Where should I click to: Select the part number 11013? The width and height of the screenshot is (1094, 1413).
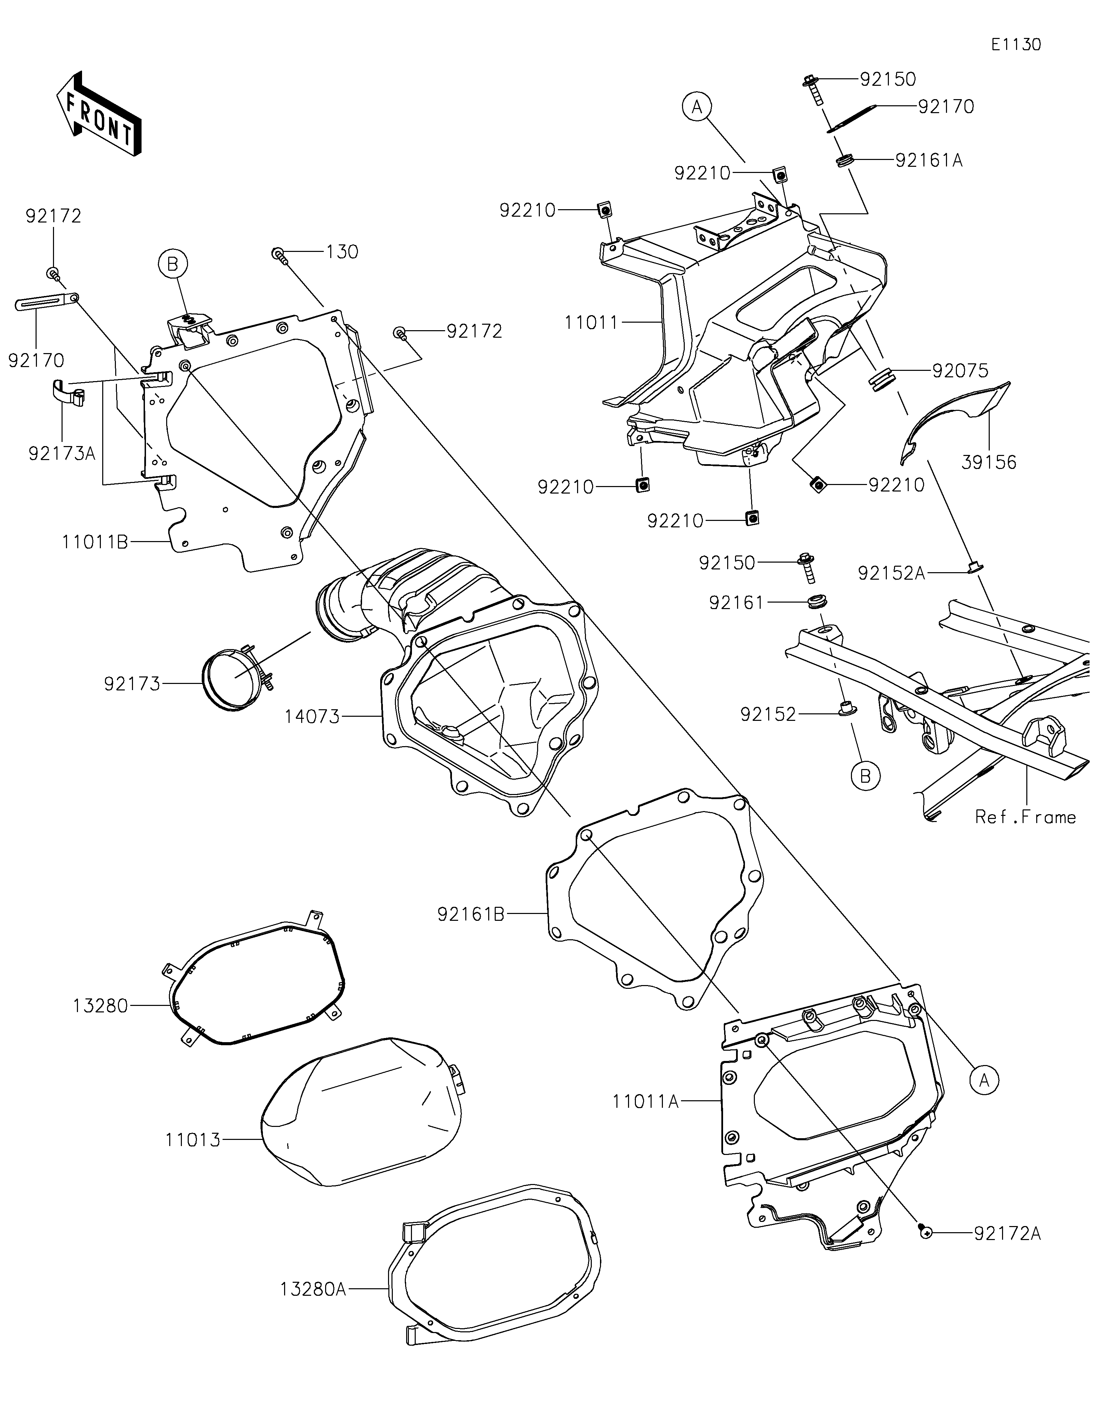pos(193,1140)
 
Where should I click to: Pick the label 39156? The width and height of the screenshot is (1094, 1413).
pos(989,462)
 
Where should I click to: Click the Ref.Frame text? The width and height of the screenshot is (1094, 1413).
pos(1025,817)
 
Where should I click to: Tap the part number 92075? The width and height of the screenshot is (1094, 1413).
pos(960,371)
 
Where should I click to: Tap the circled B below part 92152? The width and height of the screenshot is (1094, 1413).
pos(866,776)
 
